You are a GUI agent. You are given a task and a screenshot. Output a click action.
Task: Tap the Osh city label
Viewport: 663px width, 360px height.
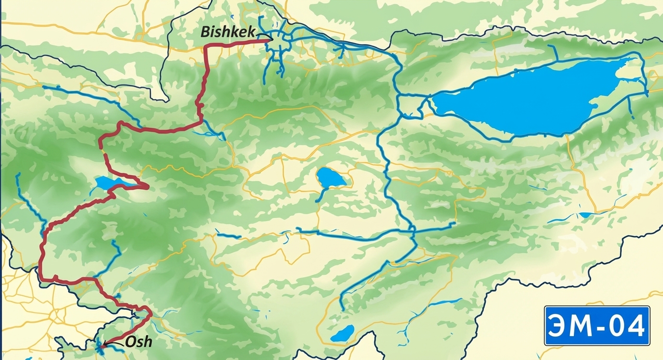click(x=138, y=341)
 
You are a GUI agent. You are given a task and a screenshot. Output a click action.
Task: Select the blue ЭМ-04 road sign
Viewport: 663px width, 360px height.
click(x=597, y=326)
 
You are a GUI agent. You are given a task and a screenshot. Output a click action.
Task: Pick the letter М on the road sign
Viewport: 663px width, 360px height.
click(x=580, y=326)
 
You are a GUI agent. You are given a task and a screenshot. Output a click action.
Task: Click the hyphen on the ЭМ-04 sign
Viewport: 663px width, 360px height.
click(x=597, y=327)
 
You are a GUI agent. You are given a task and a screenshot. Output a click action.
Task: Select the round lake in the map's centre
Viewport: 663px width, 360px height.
click(x=331, y=178)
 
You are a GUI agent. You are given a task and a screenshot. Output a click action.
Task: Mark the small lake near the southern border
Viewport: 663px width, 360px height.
click(x=343, y=333)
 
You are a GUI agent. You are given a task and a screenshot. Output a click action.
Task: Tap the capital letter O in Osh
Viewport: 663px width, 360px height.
click(x=130, y=341)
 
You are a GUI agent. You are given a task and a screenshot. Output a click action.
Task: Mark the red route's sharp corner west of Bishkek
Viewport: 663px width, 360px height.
click(x=206, y=46)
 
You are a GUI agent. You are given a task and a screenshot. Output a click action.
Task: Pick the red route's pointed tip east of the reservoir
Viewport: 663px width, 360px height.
click(x=148, y=186)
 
